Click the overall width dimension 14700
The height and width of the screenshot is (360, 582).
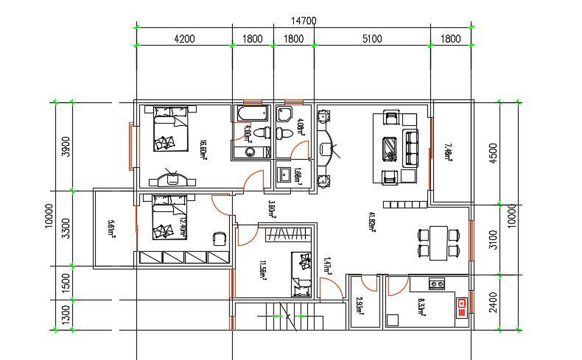click(x=304, y=21)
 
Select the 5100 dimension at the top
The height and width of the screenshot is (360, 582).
click(x=372, y=39)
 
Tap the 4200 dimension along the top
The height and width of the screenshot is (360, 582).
click(x=183, y=39)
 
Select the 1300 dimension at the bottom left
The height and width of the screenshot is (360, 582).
click(x=65, y=315)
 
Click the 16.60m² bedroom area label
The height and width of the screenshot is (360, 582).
click(x=203, y=149)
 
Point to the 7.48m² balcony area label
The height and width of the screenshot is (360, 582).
click(x=449, y=152)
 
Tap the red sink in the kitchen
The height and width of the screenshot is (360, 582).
click(x=462, y=306)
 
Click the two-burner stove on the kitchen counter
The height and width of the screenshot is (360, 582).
click(x=437, y=283)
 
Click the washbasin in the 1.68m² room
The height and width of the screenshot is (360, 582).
click(x=285, y=175)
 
